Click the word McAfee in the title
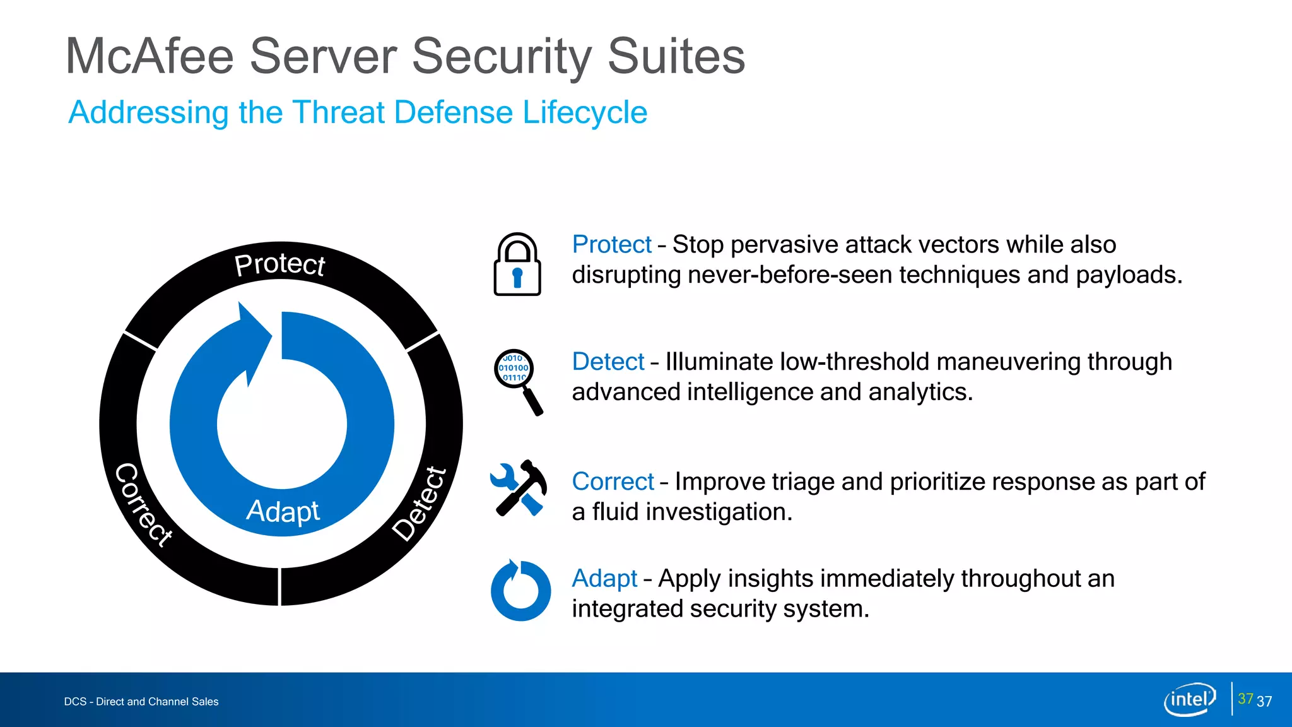click(x=150, y=57)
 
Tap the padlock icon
click(x=517, y=265)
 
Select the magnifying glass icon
click(x=518, y=381)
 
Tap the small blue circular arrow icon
click(x=520, y=591)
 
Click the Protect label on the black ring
click(x=279, y=264)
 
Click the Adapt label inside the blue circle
click(x=283, y=511)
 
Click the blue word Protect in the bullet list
click(x=611, y=245)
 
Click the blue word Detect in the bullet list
click(x=608, y=362)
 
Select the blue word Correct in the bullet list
click(x=613, y=482)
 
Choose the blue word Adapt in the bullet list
click(x=604, y=579)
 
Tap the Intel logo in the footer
click(x=1190, y=699)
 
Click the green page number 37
click(x=1245, y=699)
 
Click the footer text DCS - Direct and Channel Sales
click(x=141, y=702)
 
